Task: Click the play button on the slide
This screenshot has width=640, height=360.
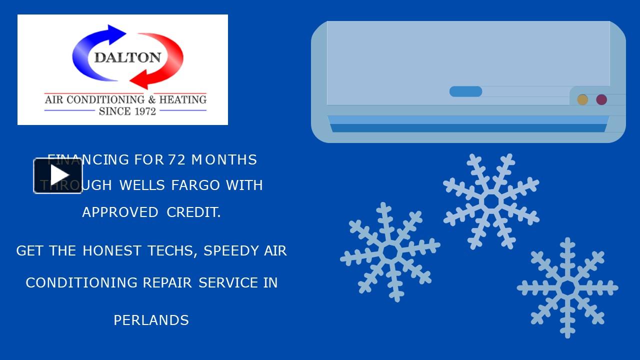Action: [x=58, y=175]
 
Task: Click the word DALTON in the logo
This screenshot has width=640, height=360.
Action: [x=127, y=57]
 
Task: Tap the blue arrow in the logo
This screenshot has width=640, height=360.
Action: [x=95, y=47]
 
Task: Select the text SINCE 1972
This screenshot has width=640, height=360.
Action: [x=127, y=111]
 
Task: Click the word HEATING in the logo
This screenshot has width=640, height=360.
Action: [x=182, y=99]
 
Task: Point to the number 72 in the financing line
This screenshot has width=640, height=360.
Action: [x=177, y=160]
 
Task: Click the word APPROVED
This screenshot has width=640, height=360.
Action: [x=120, y=212]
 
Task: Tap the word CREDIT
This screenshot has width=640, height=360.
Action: [x=193, y=212]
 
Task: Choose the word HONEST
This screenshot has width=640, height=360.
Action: [x=112, y=250]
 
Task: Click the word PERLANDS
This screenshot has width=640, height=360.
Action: [x=151, y=320]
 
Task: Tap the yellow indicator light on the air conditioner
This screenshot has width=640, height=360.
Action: [x=582, y=99]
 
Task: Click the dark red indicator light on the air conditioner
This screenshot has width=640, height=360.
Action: [x=601, y=99]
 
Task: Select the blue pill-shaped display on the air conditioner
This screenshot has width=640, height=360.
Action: [x=465, y=91]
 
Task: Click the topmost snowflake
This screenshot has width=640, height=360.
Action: [x=491, y=201]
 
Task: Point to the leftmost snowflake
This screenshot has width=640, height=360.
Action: [x=390, y=252]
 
